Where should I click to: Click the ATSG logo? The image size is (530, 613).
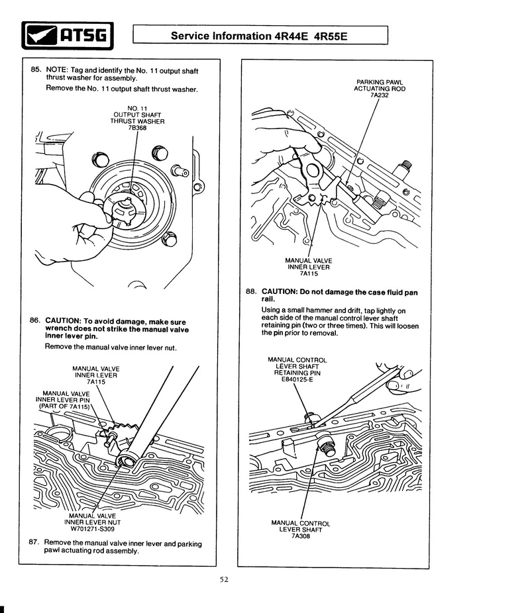tap(68, 36)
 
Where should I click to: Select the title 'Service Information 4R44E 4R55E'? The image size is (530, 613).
tap(259, 36)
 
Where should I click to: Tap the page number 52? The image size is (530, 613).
tap(224, 579)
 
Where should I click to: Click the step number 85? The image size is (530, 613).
tap(36, 70)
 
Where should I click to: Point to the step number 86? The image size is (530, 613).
tap(35, 320)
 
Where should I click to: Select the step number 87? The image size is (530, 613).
tap(34, 542)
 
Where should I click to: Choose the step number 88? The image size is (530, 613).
tap(251, 291)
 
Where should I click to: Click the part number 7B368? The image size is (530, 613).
tap(137, 128)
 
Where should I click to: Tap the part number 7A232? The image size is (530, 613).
tap(380, 95)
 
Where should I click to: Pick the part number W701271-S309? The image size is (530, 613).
tap(92, 529)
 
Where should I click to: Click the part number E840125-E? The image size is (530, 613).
tap(297, 379)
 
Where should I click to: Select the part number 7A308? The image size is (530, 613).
tap(300, 536)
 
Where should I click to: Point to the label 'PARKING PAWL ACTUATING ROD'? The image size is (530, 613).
tap(380, 85)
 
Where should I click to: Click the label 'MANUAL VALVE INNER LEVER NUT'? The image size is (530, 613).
tap(92, 519)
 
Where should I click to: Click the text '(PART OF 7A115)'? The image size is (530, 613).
tap(64, 406)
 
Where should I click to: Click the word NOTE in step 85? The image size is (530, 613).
tap(57, 70)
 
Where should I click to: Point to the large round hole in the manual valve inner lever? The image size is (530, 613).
tap(313, 170)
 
